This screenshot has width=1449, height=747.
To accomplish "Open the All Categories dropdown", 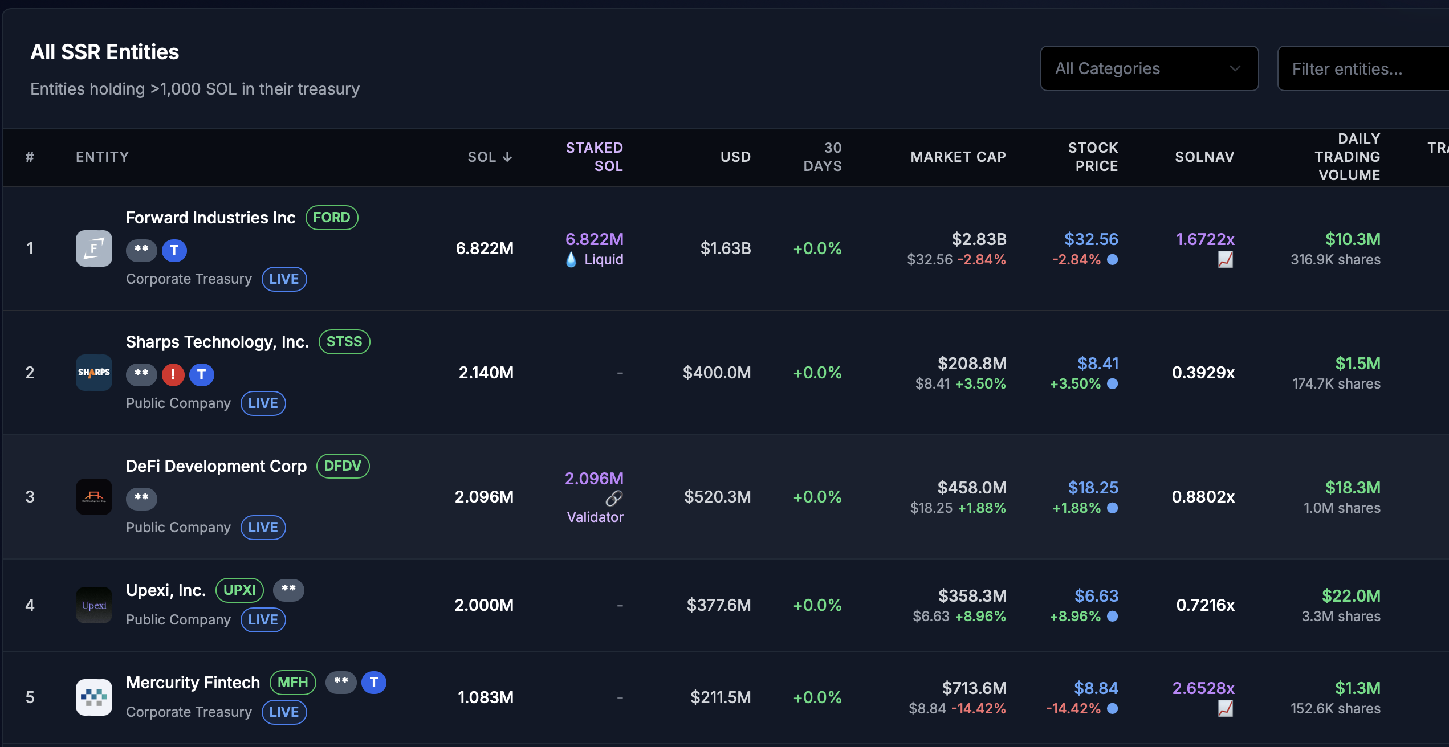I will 1149,68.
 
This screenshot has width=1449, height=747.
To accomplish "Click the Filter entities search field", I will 1362,69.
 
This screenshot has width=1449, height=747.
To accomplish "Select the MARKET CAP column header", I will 958,157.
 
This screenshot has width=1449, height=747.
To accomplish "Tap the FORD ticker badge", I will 332,218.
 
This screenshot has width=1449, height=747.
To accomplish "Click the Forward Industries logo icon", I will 94,248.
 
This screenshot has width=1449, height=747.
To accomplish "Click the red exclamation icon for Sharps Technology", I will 173,374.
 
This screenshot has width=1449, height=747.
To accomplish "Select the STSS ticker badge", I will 344,342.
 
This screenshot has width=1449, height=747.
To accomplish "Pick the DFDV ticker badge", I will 343,466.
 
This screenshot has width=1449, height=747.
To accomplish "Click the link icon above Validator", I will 614,498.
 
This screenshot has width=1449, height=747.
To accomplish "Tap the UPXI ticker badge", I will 239,590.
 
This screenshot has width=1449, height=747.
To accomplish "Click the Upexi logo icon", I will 94,605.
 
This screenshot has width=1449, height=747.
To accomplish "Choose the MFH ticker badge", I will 293,683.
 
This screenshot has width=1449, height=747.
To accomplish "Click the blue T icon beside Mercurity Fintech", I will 374,683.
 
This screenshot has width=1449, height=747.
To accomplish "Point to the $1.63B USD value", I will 725,248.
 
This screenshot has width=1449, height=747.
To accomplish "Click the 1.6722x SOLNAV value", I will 1205,239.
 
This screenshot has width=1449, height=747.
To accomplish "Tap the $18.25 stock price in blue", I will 1093,488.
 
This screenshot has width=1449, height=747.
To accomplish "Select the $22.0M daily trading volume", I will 1351,596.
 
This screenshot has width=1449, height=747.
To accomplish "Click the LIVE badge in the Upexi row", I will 263,620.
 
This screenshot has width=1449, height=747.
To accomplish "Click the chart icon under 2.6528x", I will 1225,709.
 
